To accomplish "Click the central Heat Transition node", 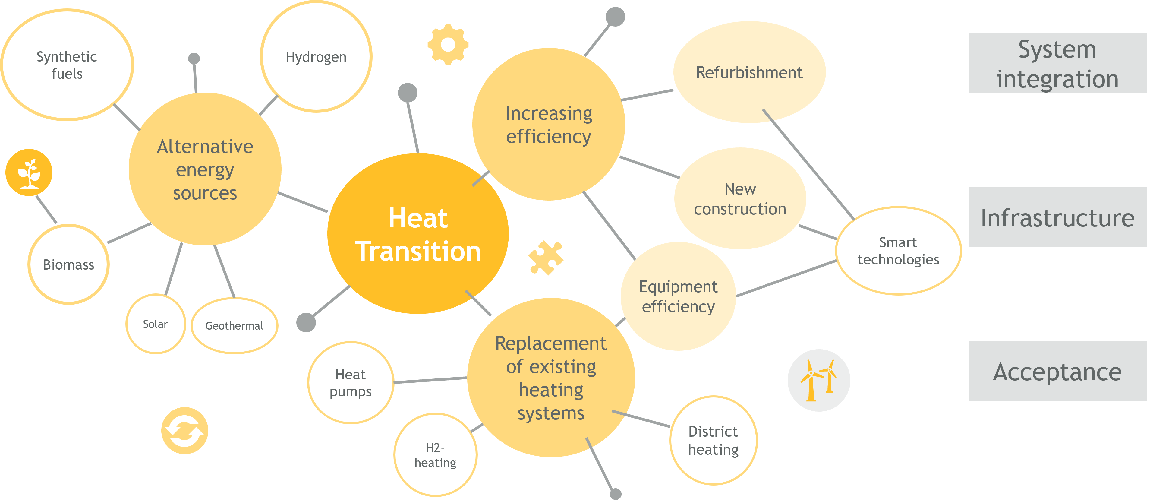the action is (418, 233).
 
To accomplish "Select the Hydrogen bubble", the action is (316, 57).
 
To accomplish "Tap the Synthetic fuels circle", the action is (67, 65).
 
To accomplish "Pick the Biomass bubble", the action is (68, 264).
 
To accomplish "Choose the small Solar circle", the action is (155, 324).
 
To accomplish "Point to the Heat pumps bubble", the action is (351, 383).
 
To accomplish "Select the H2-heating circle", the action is (435, 454).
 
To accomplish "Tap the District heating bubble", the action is (714, 440).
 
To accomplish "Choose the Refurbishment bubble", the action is (750, 72).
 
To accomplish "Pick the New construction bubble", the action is (740, 198).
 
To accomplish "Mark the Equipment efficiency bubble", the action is (678, 296).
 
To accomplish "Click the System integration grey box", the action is (1057, 63).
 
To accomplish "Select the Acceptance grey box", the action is (1057, 371).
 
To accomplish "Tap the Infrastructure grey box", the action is (1057, 217).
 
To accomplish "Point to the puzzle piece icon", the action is (546, 258).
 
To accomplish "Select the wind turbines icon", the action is (819, 380).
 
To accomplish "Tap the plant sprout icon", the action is (29, 172).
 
